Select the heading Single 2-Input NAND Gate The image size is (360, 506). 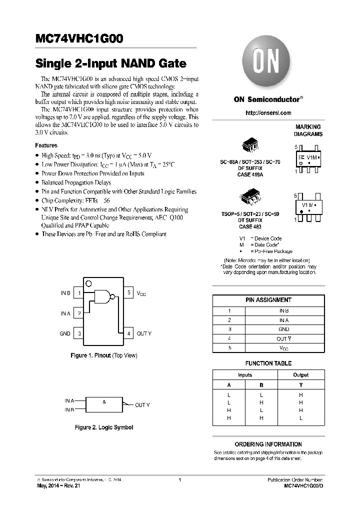click(x=110, y=64)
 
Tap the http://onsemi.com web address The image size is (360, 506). click(x=268, y=113)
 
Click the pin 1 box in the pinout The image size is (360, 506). click(x=78, y=293)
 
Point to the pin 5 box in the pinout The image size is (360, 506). click(x=128, y=293)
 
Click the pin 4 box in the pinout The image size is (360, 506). click(x=128, y=333)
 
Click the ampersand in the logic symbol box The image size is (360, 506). click(x=104, y=402)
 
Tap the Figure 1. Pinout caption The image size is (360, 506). click(x=103, y=355)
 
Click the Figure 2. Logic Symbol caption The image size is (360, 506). click(x=103, y=427)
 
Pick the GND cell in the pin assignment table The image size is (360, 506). click(x=283, y=329)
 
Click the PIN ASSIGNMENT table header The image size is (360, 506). click(x=268, y=300)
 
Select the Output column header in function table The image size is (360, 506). click(x=300, y=375)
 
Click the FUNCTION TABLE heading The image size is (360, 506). click(x=268, y=363)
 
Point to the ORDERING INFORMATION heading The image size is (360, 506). click(x=268, y=444)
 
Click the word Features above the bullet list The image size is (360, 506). click(x=46, y=145)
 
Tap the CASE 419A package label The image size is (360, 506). click(x=250, y=175)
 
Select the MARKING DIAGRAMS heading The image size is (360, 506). click(x=308, y=130)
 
